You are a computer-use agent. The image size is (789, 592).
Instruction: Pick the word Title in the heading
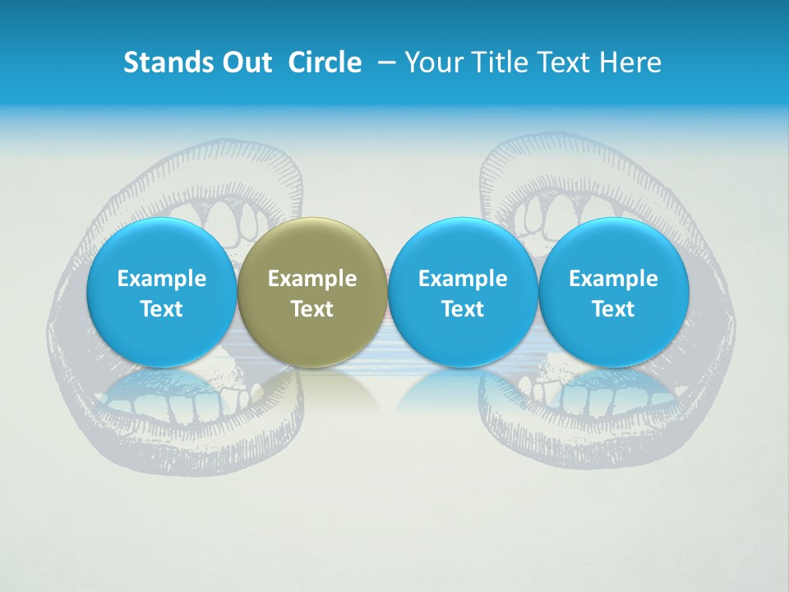click(496, 62)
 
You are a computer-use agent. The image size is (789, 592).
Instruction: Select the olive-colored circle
click(312, 292)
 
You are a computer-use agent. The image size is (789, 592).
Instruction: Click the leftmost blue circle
click(161, 292)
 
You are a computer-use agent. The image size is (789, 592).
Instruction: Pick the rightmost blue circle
click(613, 292)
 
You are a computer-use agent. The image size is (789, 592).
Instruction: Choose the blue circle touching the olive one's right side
click(463, 292)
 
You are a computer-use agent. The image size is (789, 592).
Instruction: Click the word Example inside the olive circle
click(312, 279)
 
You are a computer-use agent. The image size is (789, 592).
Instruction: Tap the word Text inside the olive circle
click(312, 309)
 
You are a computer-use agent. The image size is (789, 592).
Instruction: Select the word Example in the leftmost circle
click(161, 279)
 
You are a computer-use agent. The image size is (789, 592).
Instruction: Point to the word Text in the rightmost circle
click(613, 309)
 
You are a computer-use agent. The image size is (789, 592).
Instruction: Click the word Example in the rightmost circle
click(613, 279)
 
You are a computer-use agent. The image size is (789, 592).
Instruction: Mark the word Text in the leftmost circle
click(161, 309)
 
